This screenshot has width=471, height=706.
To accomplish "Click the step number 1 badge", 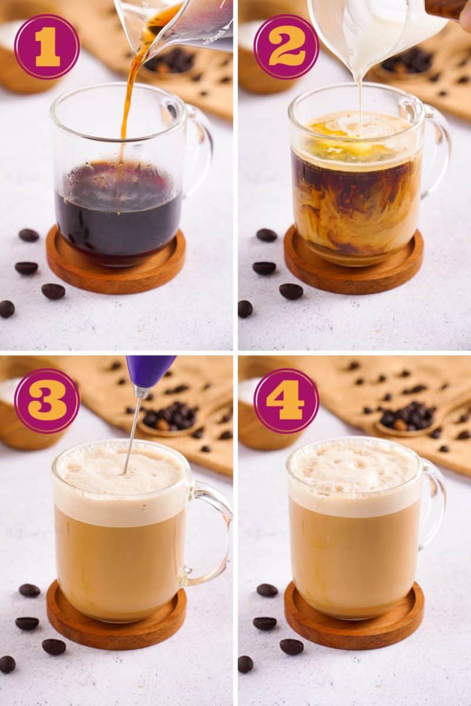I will (47, 46).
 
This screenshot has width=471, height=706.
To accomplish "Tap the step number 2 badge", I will (286, 46).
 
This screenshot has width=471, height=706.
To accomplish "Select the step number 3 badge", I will (47, 401).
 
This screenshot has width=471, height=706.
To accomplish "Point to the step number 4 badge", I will (286, 401).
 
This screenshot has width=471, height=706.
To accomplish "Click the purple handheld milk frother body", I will (150, 369).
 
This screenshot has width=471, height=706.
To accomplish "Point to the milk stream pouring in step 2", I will (360, 100).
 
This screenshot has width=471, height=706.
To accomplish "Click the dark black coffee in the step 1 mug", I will (118, 212).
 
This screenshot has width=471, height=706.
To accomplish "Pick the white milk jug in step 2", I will (377, 29).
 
